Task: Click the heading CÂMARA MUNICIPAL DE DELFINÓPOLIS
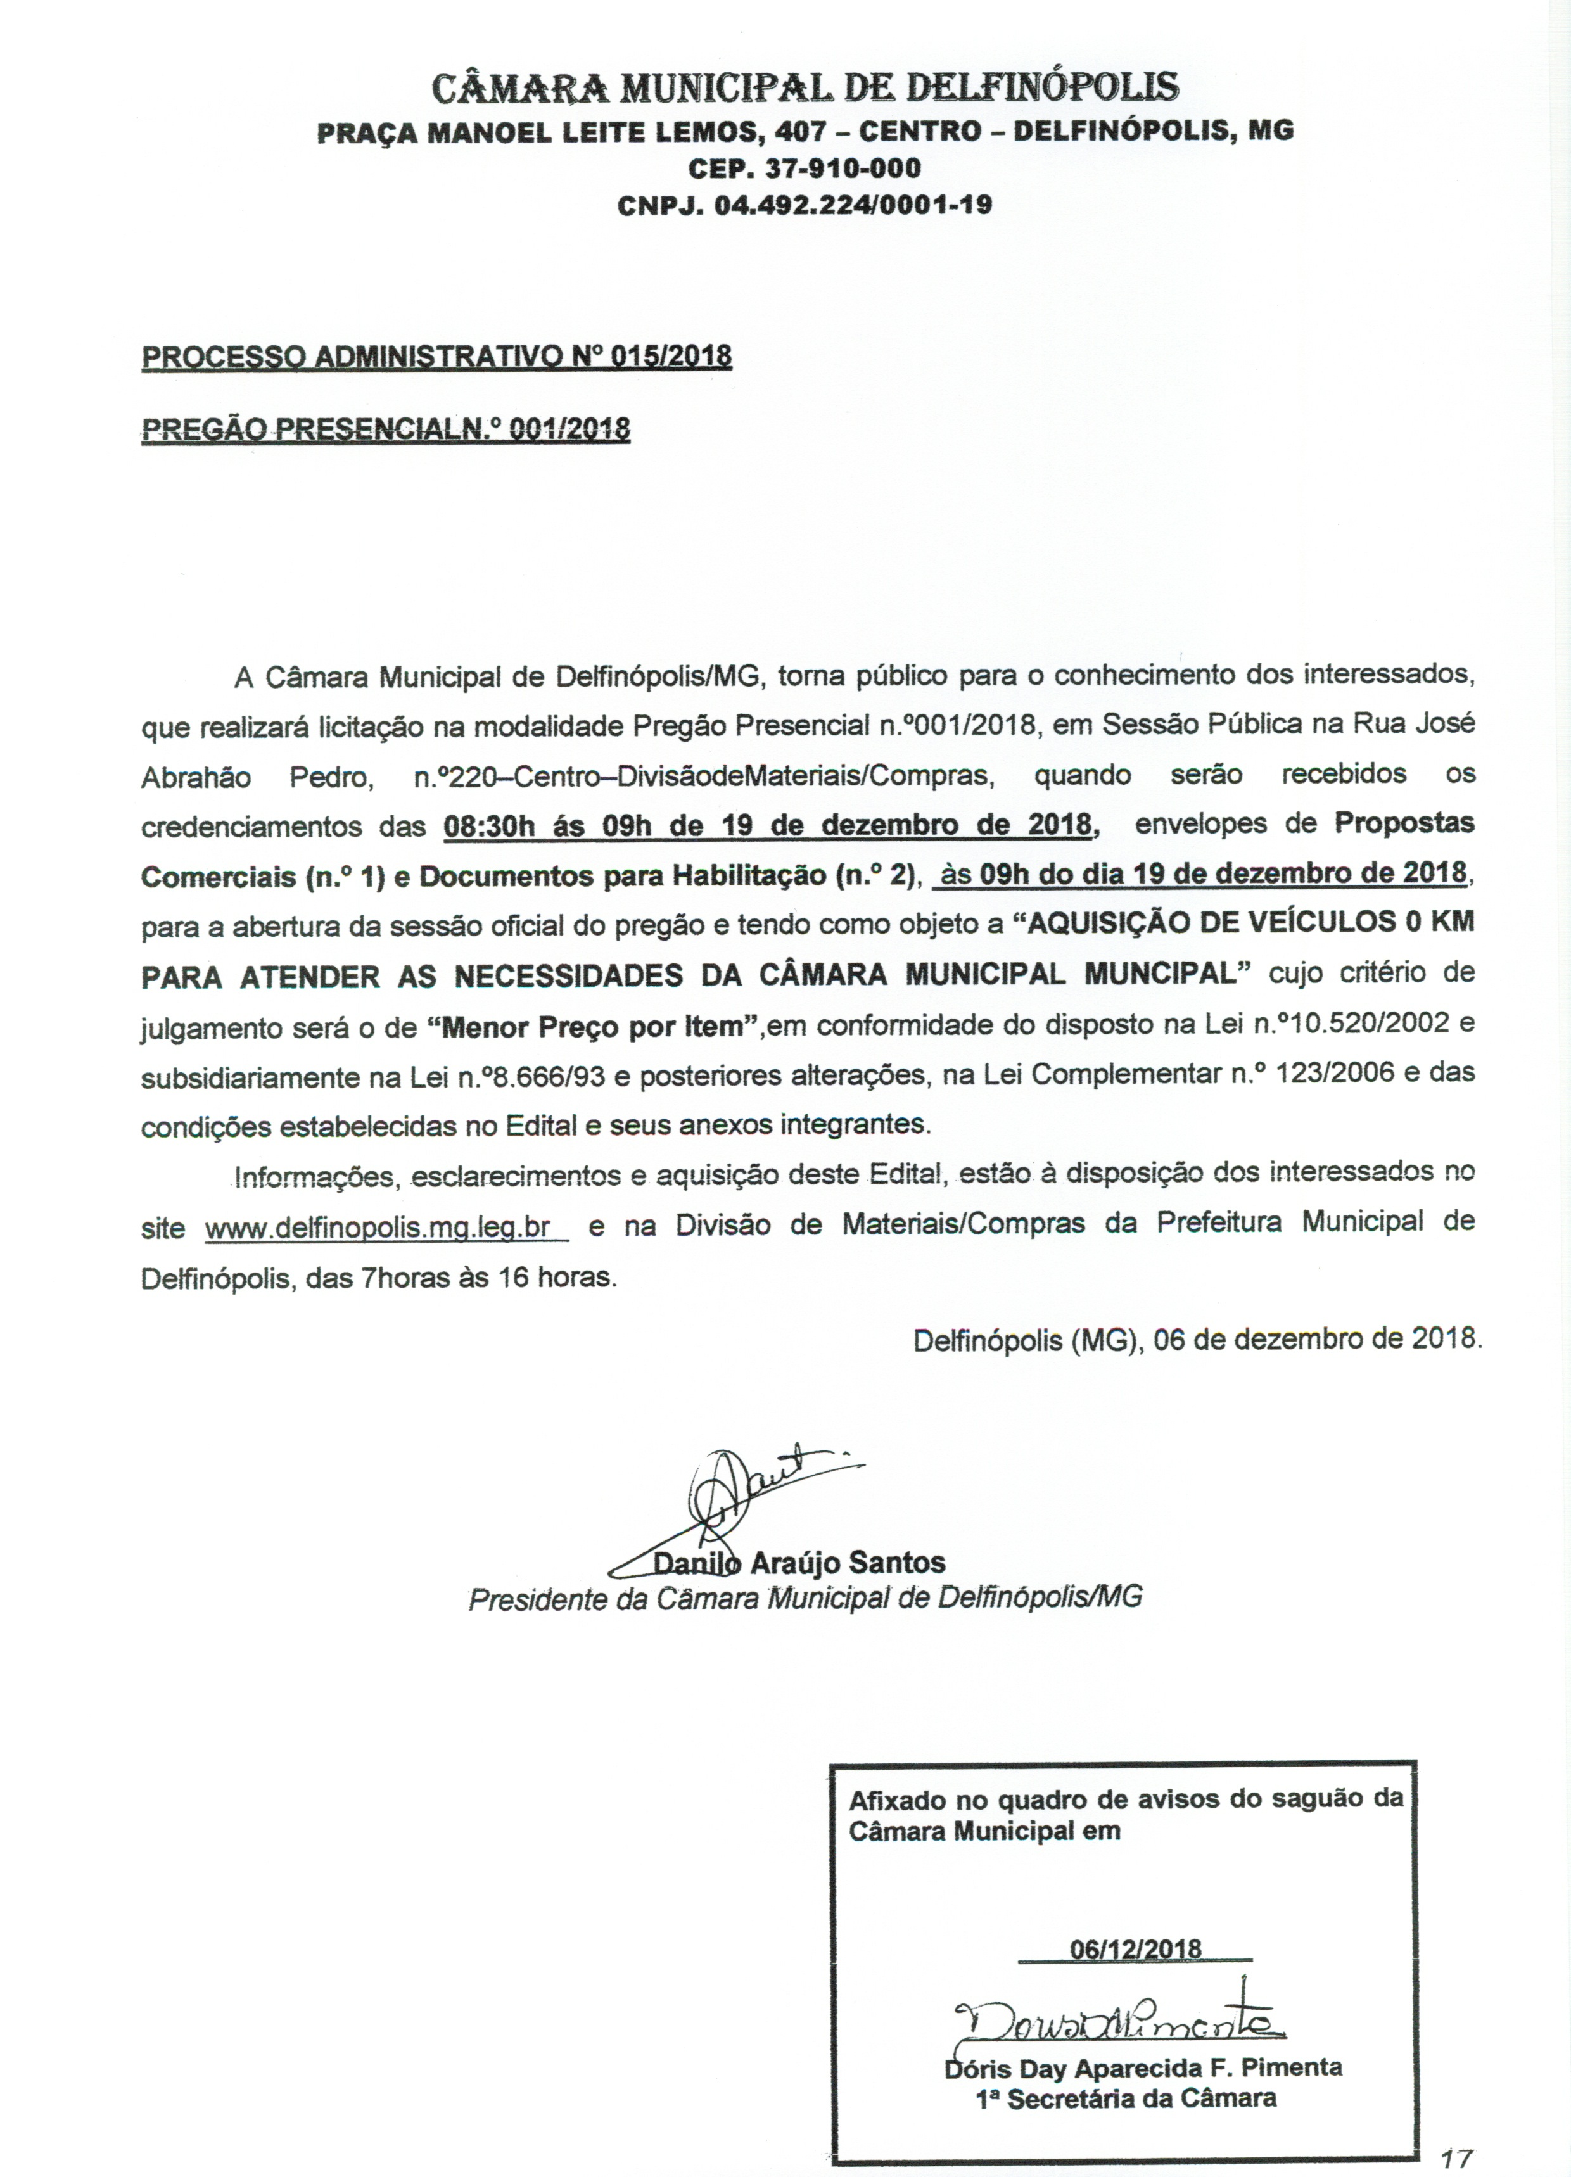point(805,88)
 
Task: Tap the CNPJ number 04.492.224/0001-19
point(853,205)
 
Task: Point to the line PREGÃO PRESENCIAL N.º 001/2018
point(385,428)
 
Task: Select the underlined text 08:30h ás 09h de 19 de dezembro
point(768,825)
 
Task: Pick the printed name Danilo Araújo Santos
point(799,1563)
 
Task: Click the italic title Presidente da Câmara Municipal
point(805,1598)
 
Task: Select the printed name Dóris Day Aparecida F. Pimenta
point(1143,2067)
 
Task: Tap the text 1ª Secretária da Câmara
point(1126,2098)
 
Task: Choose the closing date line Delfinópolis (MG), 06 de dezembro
point(1197,1338)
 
